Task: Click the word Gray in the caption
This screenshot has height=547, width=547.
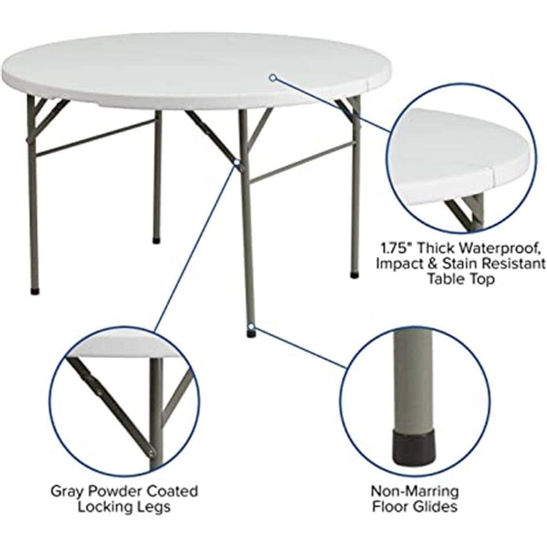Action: (x=68, y=491)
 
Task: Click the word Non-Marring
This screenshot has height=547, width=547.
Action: (x=415, y=491)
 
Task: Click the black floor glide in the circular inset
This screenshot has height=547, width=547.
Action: (x=414, y=449)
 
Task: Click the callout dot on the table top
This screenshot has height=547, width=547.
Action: (x=273, y=78)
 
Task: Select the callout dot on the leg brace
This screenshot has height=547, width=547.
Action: (x=237, y=162)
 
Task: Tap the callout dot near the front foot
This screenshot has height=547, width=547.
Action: (x=251, y=326)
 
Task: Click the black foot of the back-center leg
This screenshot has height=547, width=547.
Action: (x=156, y=241)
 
